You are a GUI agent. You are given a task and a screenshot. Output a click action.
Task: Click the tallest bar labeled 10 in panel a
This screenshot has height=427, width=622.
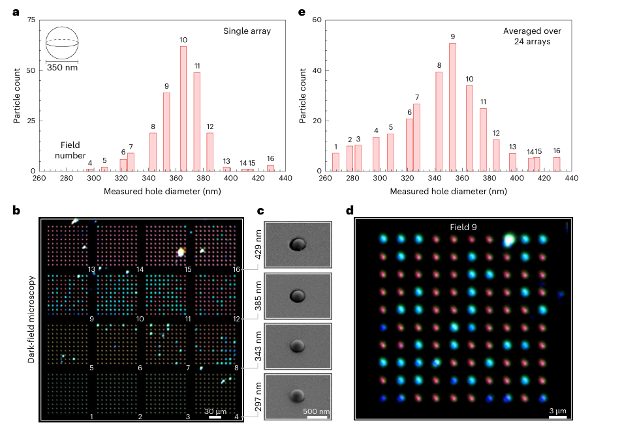pyautogui.click(x=183, y=108)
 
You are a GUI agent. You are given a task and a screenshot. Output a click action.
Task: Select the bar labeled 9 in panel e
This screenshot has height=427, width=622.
pyautogui.click(x=452, y=107)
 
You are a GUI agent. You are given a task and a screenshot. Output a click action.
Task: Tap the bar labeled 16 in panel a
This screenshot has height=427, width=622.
pyautogui.click(x=270, y=168)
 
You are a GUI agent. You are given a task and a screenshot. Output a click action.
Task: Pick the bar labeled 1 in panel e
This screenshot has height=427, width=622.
pyautogui.click(x=335, y=162)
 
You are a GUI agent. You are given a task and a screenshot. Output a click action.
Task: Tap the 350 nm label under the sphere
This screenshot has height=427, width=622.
pyautogui.click(x=62, y=68)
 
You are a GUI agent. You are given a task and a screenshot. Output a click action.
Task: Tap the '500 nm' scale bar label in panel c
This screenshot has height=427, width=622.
pyautogui.click(x=317, y=412)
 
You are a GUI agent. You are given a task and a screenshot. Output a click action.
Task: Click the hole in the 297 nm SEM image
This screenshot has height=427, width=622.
pyautogui.click(x=298, y=395)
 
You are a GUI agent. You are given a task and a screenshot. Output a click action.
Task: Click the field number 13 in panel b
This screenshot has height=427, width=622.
pyautogui.click(x=92, y=269)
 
